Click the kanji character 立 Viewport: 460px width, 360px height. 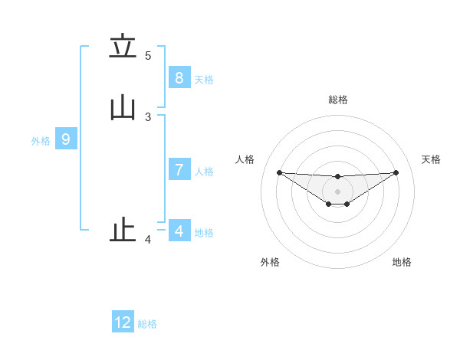[123, 47]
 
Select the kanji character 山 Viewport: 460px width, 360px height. [123, 109]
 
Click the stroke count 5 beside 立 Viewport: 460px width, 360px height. [148, 56]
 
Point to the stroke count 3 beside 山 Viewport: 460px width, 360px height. [148, 117]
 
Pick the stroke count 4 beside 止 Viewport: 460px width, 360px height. [148, 240]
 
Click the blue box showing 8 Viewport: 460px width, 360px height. [179, 77]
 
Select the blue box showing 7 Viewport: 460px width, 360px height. [179, 170]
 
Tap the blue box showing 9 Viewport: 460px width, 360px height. [66, 139]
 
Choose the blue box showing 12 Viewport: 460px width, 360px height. [123, 322]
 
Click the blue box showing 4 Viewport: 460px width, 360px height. [179, 231]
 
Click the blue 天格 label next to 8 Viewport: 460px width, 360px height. [204, 80]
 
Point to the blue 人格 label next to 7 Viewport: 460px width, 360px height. [204, 172]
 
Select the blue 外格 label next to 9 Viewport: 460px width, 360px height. [41, 141]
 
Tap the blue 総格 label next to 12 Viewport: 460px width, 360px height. [147, 324]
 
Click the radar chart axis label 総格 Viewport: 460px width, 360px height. [338, 100]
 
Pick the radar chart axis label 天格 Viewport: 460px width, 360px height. [432, 159]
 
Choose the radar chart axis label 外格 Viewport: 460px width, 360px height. [270, 262]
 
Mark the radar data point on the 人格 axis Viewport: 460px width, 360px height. [279, 172]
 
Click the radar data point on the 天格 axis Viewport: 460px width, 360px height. [396, 172]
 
